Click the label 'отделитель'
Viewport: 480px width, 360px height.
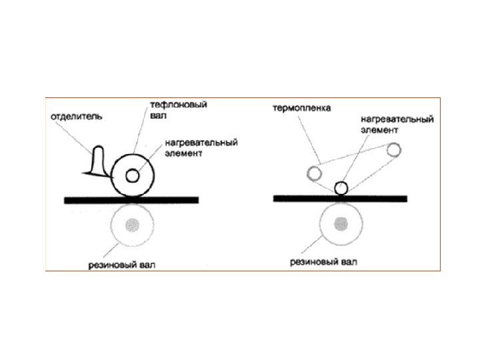75,117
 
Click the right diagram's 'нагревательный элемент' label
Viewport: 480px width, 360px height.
397,125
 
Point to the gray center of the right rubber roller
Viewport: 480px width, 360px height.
342,222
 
